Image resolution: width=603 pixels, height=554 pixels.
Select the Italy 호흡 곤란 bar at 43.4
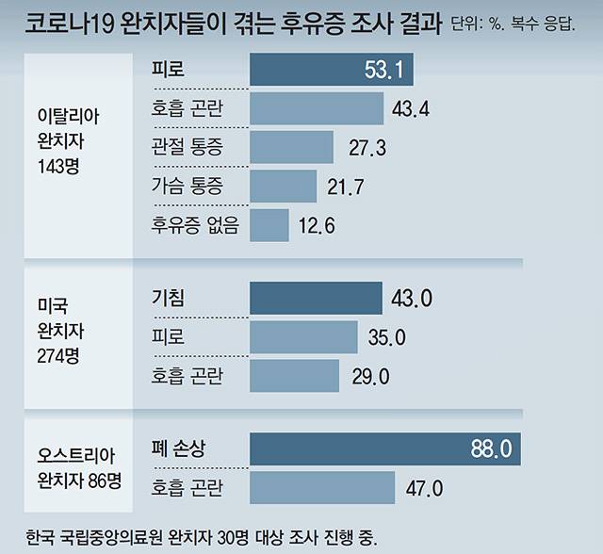(317, 108)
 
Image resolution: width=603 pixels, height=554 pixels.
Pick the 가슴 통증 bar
(284, 186)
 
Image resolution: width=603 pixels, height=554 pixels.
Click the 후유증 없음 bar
(269, 225)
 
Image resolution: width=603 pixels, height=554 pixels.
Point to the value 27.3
(367, 148)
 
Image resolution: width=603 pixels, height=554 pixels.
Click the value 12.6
(316, 226)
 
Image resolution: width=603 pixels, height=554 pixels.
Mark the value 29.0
(370, 376)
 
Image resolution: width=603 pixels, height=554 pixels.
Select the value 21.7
(346, 187)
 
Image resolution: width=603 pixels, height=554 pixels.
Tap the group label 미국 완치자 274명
(65, 335)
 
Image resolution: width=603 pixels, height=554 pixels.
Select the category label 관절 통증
(189, 148)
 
